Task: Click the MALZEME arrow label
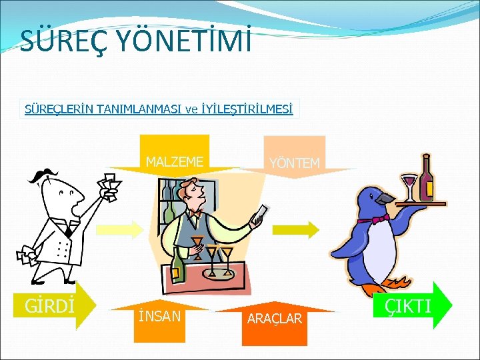(x=175, y=161)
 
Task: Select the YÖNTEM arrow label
(x=294, y=163)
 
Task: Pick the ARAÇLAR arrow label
(x=275, y=319)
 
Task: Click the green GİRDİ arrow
(x=56, y=306)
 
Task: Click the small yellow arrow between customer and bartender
(x=119, y=230)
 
